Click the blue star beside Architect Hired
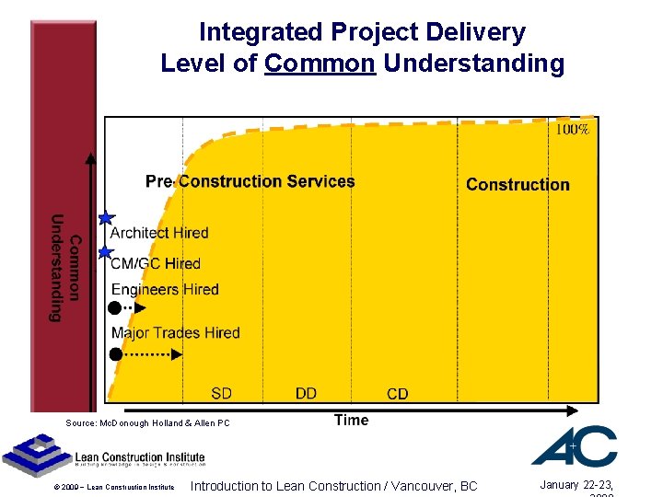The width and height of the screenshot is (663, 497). [x=106, y=218]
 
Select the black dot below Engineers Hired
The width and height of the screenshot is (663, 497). [x=115, y=308]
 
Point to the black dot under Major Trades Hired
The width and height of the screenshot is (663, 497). [x=115, y=353]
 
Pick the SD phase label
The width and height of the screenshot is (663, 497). [x=221, y=393]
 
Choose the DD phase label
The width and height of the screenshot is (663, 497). [x=306, y=393]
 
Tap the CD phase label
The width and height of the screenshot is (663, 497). [x=397, y=394]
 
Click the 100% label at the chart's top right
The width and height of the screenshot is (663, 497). [x=572, y=130]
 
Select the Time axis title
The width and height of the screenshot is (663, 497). [x=351, y=420]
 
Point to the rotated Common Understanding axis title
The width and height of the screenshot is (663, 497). [x=65, y=268]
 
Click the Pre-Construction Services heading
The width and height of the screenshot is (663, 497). [x=250, y=181]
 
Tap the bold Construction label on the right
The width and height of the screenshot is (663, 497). [x=518, y=184]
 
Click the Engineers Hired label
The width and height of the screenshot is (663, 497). [x=165, y=289]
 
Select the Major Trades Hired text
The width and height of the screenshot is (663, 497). [x=175, y=332]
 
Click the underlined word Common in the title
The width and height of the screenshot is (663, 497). [x=320, y=64]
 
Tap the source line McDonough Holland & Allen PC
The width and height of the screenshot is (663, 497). [x=147, y=422]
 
